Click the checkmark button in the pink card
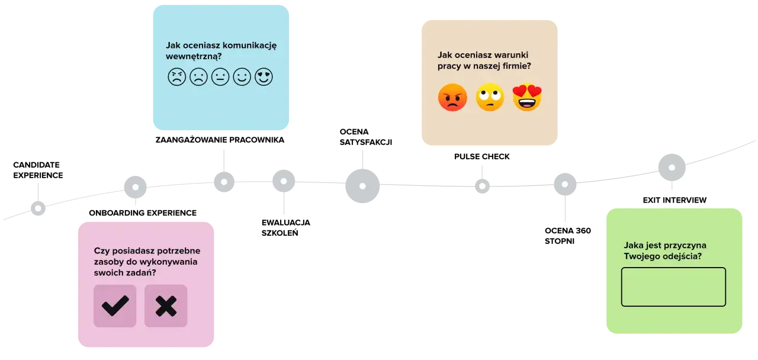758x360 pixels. coord(115,306)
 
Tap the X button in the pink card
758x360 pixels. coord(166,306)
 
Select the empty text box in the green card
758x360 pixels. coord(673,287)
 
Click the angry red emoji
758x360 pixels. coord(452,98)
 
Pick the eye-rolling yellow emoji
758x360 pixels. coord(490,97)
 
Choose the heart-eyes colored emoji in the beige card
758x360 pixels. coord(527,98)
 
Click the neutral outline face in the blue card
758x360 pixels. coord(220,77)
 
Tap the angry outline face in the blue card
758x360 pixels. coord(176,77)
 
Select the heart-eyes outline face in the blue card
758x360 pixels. coord(264,77)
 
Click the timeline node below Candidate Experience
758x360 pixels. coord(38,208)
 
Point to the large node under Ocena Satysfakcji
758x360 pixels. coord(362,186)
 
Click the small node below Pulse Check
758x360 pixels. coord(482,186)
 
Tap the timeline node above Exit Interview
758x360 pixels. coord(672,168)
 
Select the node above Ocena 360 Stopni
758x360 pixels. coord(565,184)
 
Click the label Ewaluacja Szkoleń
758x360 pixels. coord(286,228)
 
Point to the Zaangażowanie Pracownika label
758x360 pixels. coord(220,140)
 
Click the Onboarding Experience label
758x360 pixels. coord(143,213)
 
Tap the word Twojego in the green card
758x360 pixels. coord(641,257)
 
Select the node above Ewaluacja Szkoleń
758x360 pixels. coord(284,181)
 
